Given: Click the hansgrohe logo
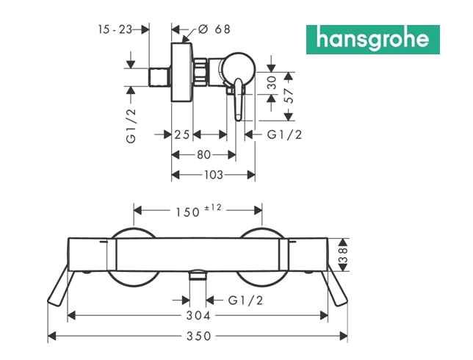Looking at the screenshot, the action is [373, 40].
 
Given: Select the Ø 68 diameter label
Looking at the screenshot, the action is [214, 29].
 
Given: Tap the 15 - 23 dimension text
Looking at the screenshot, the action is [115, 29].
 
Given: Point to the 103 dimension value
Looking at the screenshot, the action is [213, 175].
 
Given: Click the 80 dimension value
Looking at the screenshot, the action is [203, 155].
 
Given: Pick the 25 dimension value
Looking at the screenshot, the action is [182, 134].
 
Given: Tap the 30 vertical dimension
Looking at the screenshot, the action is [272, 82].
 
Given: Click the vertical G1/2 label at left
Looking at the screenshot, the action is [131, 126].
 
